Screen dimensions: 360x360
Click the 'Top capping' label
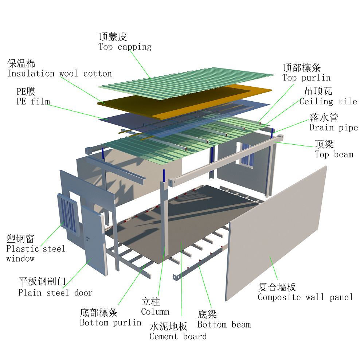coord(125,47)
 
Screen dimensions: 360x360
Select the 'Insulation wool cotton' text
coord(59,74)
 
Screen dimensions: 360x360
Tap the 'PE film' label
coord(33,101)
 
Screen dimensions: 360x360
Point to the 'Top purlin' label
coord(306,78)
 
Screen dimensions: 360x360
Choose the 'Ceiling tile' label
coord(328,101)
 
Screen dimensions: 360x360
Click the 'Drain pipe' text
coord(334,128)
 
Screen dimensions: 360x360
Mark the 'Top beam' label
coord(334,154)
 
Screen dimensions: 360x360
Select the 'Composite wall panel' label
coord(305,297)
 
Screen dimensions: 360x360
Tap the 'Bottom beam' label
coord(224,324)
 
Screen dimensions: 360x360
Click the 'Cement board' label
coord(178,336)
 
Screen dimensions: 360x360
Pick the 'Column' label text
coord(155,312)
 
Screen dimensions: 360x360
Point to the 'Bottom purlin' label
coord(110,322)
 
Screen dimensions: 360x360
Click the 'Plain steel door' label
coord(55,293)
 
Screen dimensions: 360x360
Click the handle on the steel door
coord(87,238)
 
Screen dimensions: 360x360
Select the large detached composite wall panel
coord(276,234)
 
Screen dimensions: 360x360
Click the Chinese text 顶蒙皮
coord(113,37)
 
